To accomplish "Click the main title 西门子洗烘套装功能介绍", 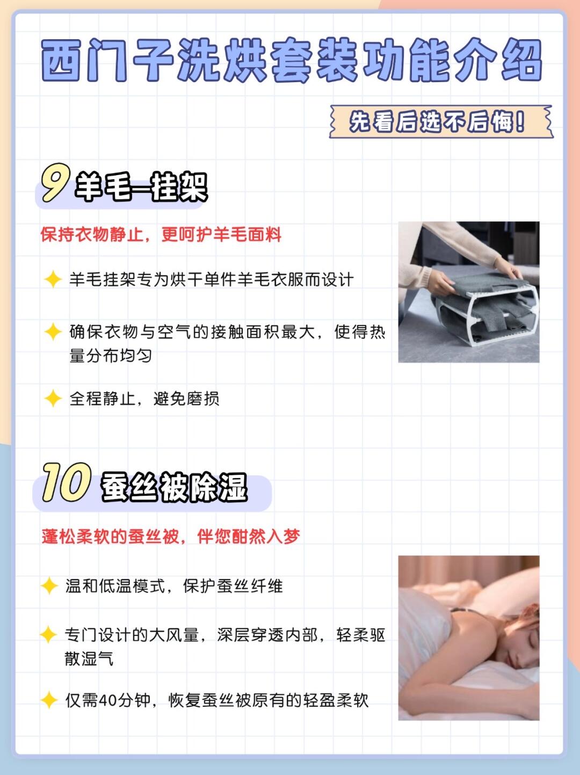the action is [x=292, y=60].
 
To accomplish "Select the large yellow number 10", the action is [x=67, y=482].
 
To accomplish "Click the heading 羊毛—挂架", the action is [x=141, y=187].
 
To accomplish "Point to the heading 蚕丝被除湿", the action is [x=174, y=488].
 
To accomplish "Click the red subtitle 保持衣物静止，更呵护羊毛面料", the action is [x=161, y=235].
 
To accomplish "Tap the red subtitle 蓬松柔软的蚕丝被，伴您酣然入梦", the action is [x=171, y=537].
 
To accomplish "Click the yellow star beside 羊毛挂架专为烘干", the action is [x=53, y=279].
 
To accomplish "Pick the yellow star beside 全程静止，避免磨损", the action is [x=53, y=399].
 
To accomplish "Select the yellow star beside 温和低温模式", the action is [x=49, y=586].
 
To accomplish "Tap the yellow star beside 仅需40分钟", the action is [x=49, y=700].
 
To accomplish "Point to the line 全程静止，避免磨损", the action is [x=144, y=399].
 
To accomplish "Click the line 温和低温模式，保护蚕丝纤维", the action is [x=174, y=586].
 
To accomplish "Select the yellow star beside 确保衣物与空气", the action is [x=53, y=332].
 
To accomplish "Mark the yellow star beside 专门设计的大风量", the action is [x=49, y=634].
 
